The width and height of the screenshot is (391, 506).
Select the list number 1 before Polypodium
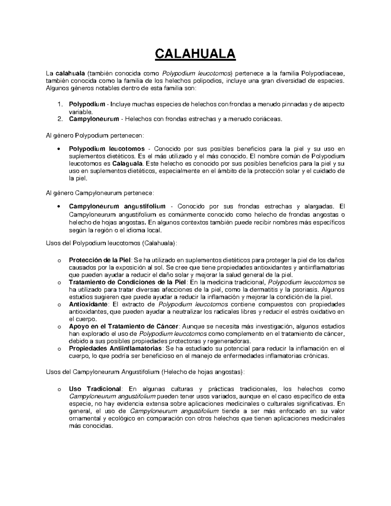pyautogui.click(x=59, y=105)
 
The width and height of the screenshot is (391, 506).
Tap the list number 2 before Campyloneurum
pyautogui.click(x=59, y=119)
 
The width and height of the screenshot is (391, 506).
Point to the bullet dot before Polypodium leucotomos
pyautogui.click(x=58, y=149)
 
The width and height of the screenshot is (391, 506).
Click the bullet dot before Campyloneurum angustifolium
pyautogui.click(x=58, y=207)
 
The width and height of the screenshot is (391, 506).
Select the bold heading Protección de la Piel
pyautogui.click(x=100, y=260)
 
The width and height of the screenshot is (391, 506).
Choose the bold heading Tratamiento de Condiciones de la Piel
pyautogui.click(x=127, y=282)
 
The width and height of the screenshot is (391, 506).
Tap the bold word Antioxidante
pyautogui.click(x=88, y=304)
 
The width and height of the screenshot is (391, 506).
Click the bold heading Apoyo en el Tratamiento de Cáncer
pyautogui.click(x=123, y=326)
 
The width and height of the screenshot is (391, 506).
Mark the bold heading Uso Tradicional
pyautogui.click(x=94, y=389)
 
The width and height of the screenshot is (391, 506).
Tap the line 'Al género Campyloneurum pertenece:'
pyautogui.click(x=99, y=193)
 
